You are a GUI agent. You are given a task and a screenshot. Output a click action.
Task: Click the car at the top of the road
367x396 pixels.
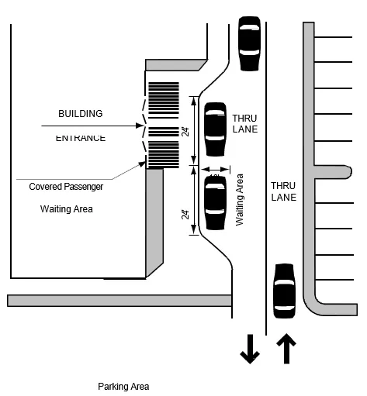[249, 43]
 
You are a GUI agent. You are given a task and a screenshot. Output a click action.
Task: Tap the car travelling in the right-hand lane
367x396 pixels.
[284, 291]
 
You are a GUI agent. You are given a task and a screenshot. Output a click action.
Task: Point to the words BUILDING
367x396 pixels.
[81, 114]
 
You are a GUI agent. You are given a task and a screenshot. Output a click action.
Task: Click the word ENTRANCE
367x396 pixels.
[81, 138]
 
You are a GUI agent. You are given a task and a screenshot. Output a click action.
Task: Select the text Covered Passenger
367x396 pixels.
[66, 187]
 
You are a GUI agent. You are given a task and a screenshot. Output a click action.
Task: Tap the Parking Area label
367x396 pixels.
[123, 386]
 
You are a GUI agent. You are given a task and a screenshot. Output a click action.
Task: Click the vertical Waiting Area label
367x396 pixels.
[240, 200]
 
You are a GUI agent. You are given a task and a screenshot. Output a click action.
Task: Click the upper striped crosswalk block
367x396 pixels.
[163, 99]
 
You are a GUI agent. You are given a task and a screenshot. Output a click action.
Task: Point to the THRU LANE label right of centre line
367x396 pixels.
[283, 192]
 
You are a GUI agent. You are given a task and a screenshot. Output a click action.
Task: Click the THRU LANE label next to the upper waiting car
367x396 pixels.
[244, 123]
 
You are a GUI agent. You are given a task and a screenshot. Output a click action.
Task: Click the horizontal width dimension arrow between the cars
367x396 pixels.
[215, 169]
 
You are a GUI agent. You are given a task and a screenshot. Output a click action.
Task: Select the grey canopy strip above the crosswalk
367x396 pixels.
[175, 64]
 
